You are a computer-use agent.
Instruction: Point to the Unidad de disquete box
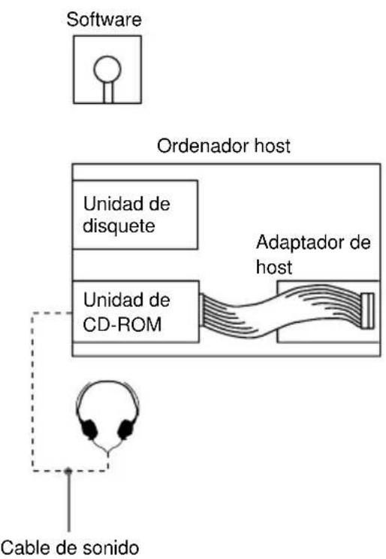pyautogui.click(x=135, y=214)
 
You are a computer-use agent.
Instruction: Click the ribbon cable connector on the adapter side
pyautogui.click(x=366, y=311)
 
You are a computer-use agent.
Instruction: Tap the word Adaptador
pyautogui.click(x=295, y=245)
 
